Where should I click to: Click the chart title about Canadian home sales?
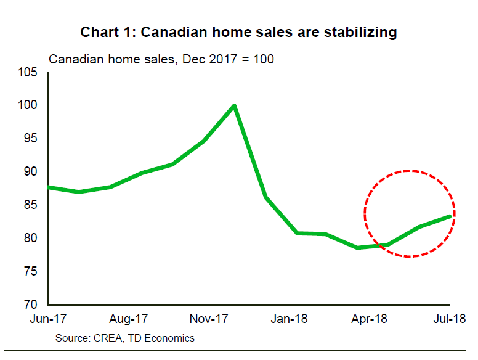[x=238, y=32]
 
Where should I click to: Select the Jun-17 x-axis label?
[x=49, y=319]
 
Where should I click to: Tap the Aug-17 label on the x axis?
[x=128, y=319]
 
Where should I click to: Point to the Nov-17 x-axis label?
[x=209, y=319]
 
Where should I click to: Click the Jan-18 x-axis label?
[x=289, y=319]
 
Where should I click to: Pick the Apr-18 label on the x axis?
[x=369, y=319]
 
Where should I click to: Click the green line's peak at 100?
[x=234, y=105]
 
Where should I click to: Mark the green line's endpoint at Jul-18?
[x=450, y=216]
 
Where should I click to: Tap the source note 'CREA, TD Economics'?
[x=124, y=338]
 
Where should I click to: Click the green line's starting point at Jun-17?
[x=49, y=187]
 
